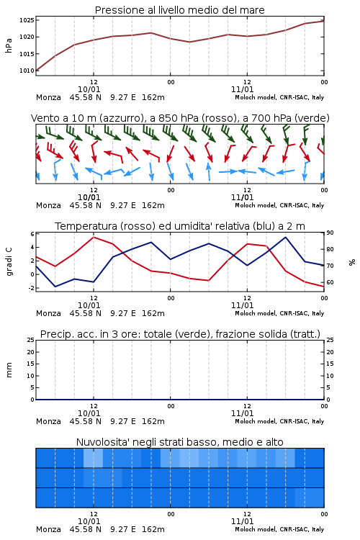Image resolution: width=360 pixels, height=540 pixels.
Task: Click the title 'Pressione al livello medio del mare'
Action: click(x=179, y=10)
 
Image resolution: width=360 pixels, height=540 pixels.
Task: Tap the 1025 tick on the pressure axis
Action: click(x=27, y=20)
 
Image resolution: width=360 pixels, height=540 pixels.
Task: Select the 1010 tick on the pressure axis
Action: click(x=27, y=71)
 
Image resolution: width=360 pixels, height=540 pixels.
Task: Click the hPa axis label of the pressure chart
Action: click(x=9, y=45)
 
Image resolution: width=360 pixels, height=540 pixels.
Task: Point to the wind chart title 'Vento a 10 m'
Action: click(x=62, y=118)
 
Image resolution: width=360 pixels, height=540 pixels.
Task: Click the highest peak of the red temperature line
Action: click(x=94, y=237)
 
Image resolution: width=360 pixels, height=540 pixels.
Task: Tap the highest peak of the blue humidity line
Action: click(x=286, y=237)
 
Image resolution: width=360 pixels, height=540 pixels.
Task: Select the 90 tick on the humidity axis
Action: click(x=330, y=233)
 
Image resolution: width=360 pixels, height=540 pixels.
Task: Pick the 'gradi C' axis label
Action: click(x=9, y=261)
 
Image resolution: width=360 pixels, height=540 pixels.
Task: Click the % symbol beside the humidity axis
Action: click(x=352, y=262)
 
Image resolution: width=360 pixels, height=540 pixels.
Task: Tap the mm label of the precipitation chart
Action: click(x=9, y=370)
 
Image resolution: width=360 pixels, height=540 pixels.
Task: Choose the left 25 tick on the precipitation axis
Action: click(x=31, y=340)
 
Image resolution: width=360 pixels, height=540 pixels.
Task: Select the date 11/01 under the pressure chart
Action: click(x=242, y=89)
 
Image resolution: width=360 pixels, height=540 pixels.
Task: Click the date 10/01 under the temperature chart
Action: click(x=89, y=305)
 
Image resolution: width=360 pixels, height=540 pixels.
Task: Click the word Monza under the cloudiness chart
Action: click(x=48, y=529)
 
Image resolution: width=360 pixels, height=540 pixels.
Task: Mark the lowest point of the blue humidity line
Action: click(x=55, y=287)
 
